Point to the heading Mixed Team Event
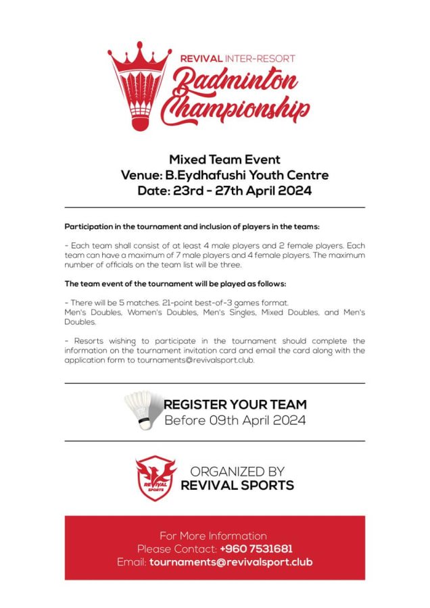pos(215,160)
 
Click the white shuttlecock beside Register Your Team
pos(143,410)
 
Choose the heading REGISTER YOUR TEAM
pos(235,405)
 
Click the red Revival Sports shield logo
pos(156,478)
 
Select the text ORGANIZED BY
pos(237,472)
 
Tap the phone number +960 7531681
pos(256,549)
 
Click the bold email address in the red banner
pos(231,562)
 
